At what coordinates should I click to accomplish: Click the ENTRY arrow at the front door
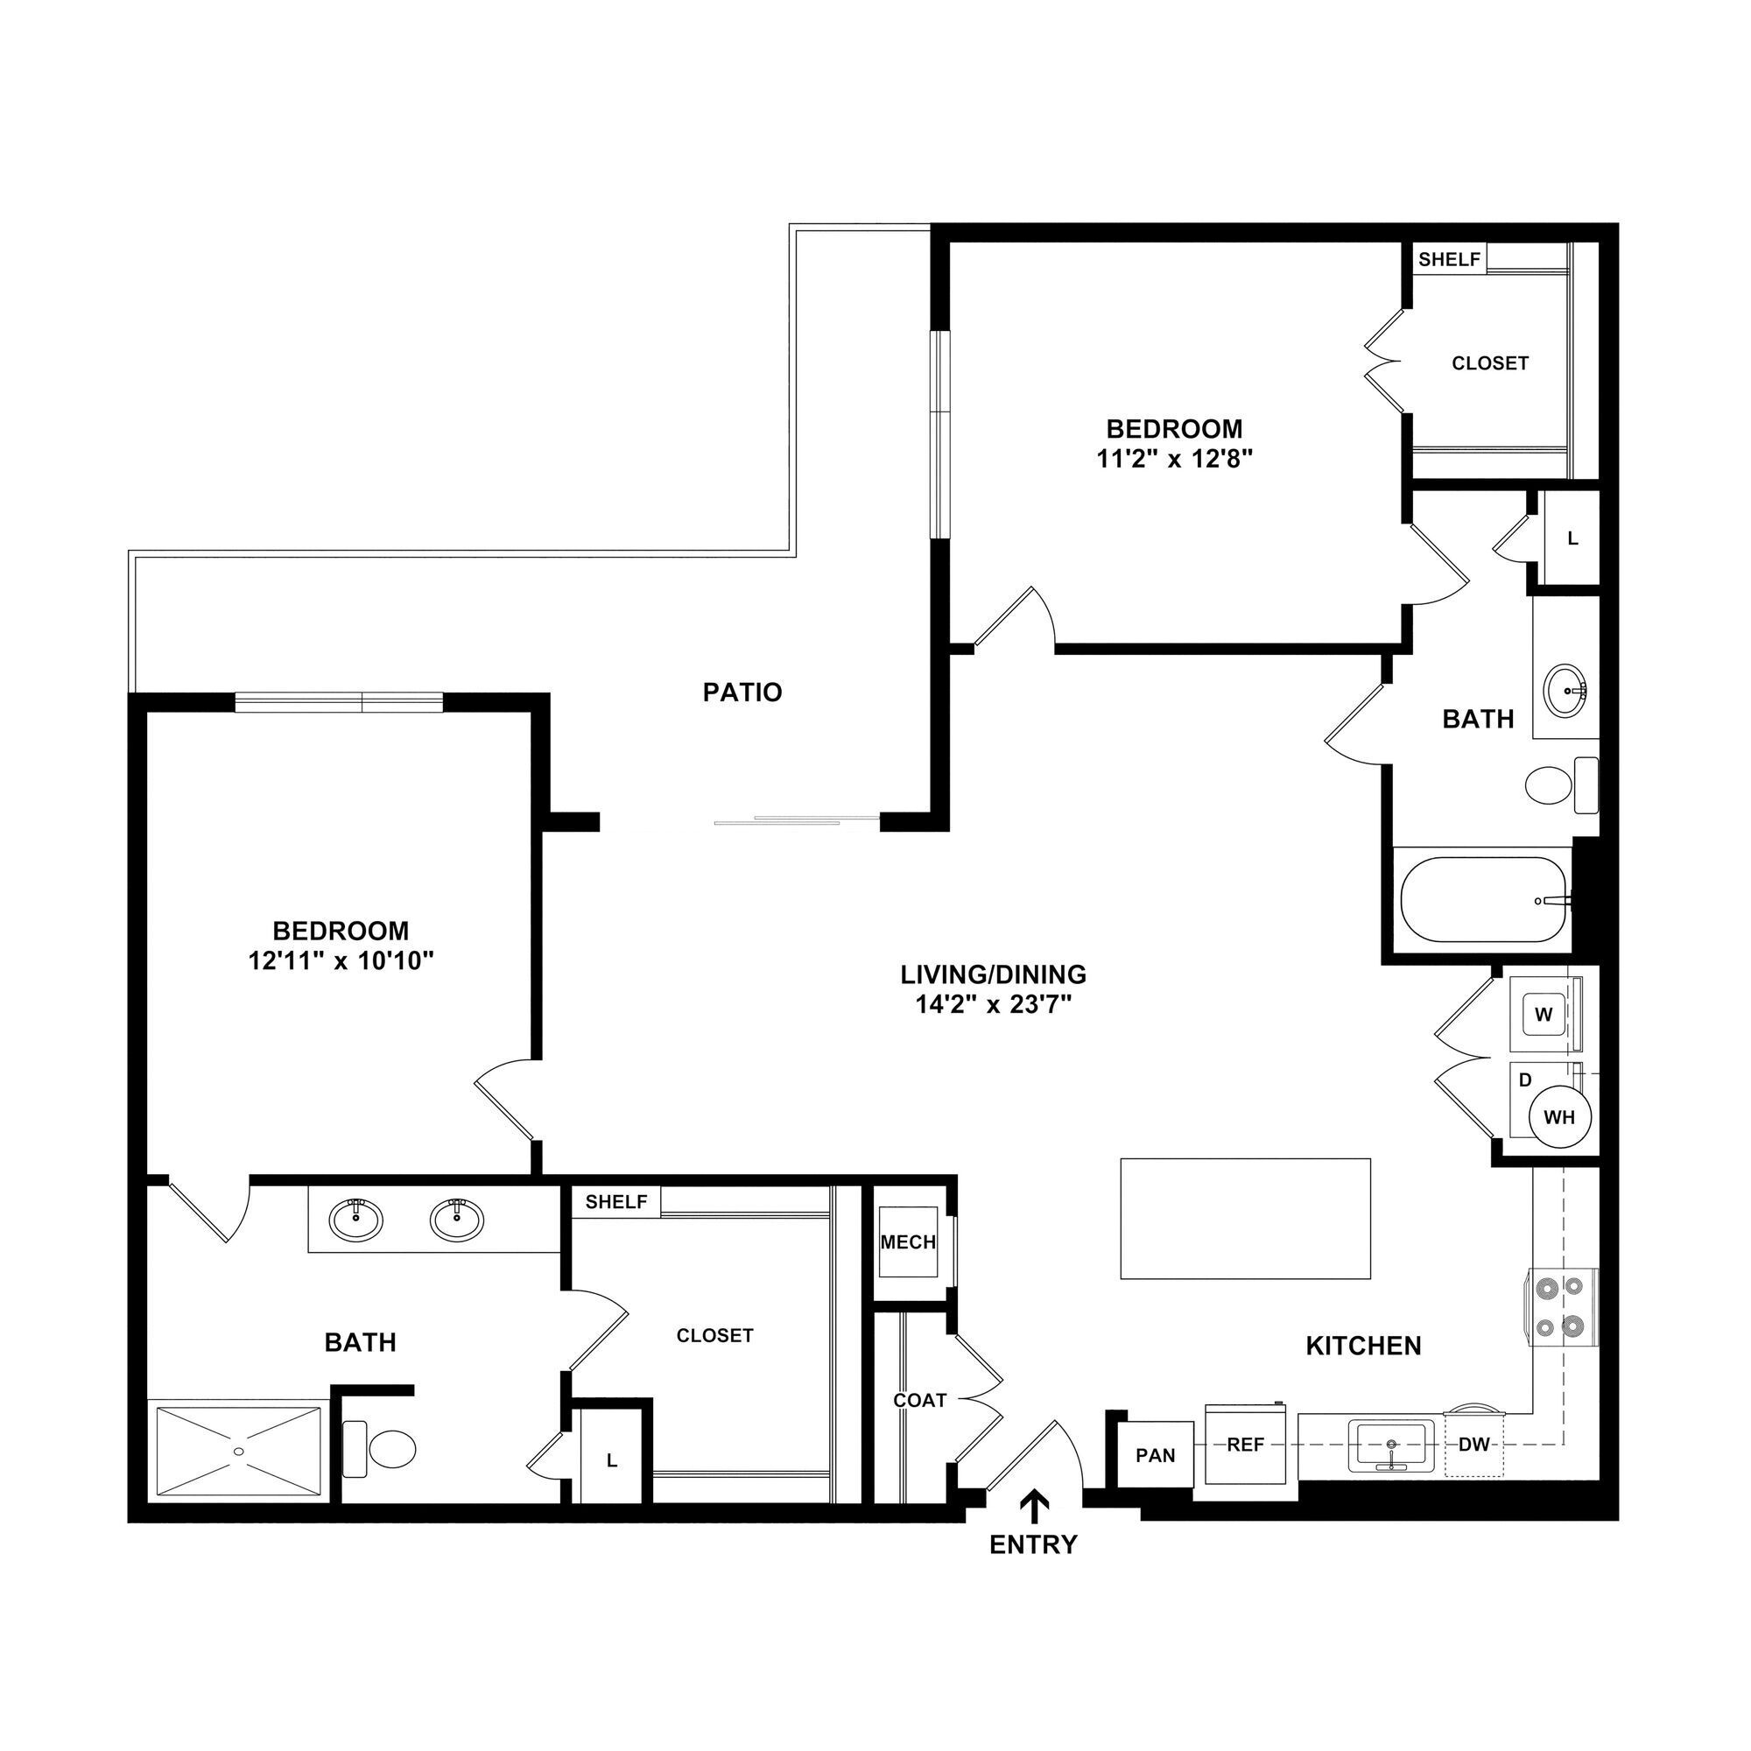[x=1034, y=1505]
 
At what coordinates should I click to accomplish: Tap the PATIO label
[x=742, y=693]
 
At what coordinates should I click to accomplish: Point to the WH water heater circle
[x=1559, y=1117]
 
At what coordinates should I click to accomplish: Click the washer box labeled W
[x=1544, y=1015]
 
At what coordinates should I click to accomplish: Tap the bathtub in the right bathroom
[x=1483, y=900]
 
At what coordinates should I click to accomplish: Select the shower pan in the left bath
[x=238, y=1450]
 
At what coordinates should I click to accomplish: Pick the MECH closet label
[x=908, y=1241]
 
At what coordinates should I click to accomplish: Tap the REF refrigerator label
[x=1245, y=1445]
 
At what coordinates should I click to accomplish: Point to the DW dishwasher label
[x=1473, y=1445]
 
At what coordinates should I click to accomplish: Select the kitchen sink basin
[x=1390, y=1445]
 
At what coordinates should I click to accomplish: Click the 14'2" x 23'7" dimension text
[x=994, y=1004]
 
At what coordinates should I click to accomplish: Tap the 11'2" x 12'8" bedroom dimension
[x=1175, y=460]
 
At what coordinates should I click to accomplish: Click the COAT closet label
[x=920, y=1400]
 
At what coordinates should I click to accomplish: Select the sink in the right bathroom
[x=1565, y=691]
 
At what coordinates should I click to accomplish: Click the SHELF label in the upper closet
[x=1449, y=259]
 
